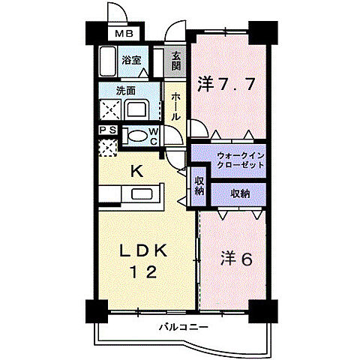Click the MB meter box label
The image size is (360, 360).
[x=124, y=34]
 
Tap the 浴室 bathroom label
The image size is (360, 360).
[x=131, y=60]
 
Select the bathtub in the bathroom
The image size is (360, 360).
[x=107, y=61]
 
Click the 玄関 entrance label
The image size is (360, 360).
[x=176, y=61]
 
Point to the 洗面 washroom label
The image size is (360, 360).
[x=126, y=91]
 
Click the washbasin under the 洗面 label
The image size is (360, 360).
[x=136, y=109]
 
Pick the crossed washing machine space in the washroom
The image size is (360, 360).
[x=110, y=109]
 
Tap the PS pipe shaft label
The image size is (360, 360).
[x=108, y=130]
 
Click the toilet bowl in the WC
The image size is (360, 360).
[x=136, y=136]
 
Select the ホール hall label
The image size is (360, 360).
[x=176, y=106]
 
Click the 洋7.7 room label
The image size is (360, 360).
[x=226, y=84]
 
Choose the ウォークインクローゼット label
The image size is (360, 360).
[x=241, y=160]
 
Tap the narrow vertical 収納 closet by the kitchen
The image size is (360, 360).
[x=199, y=186]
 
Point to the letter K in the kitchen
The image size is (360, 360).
[x=137, y=172]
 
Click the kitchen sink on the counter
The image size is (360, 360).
[x=142, y=194]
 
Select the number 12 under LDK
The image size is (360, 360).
[x=143, y=272]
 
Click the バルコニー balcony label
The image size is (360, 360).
[x=184, y=327]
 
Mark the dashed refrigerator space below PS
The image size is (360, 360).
[x=108, y=148]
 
